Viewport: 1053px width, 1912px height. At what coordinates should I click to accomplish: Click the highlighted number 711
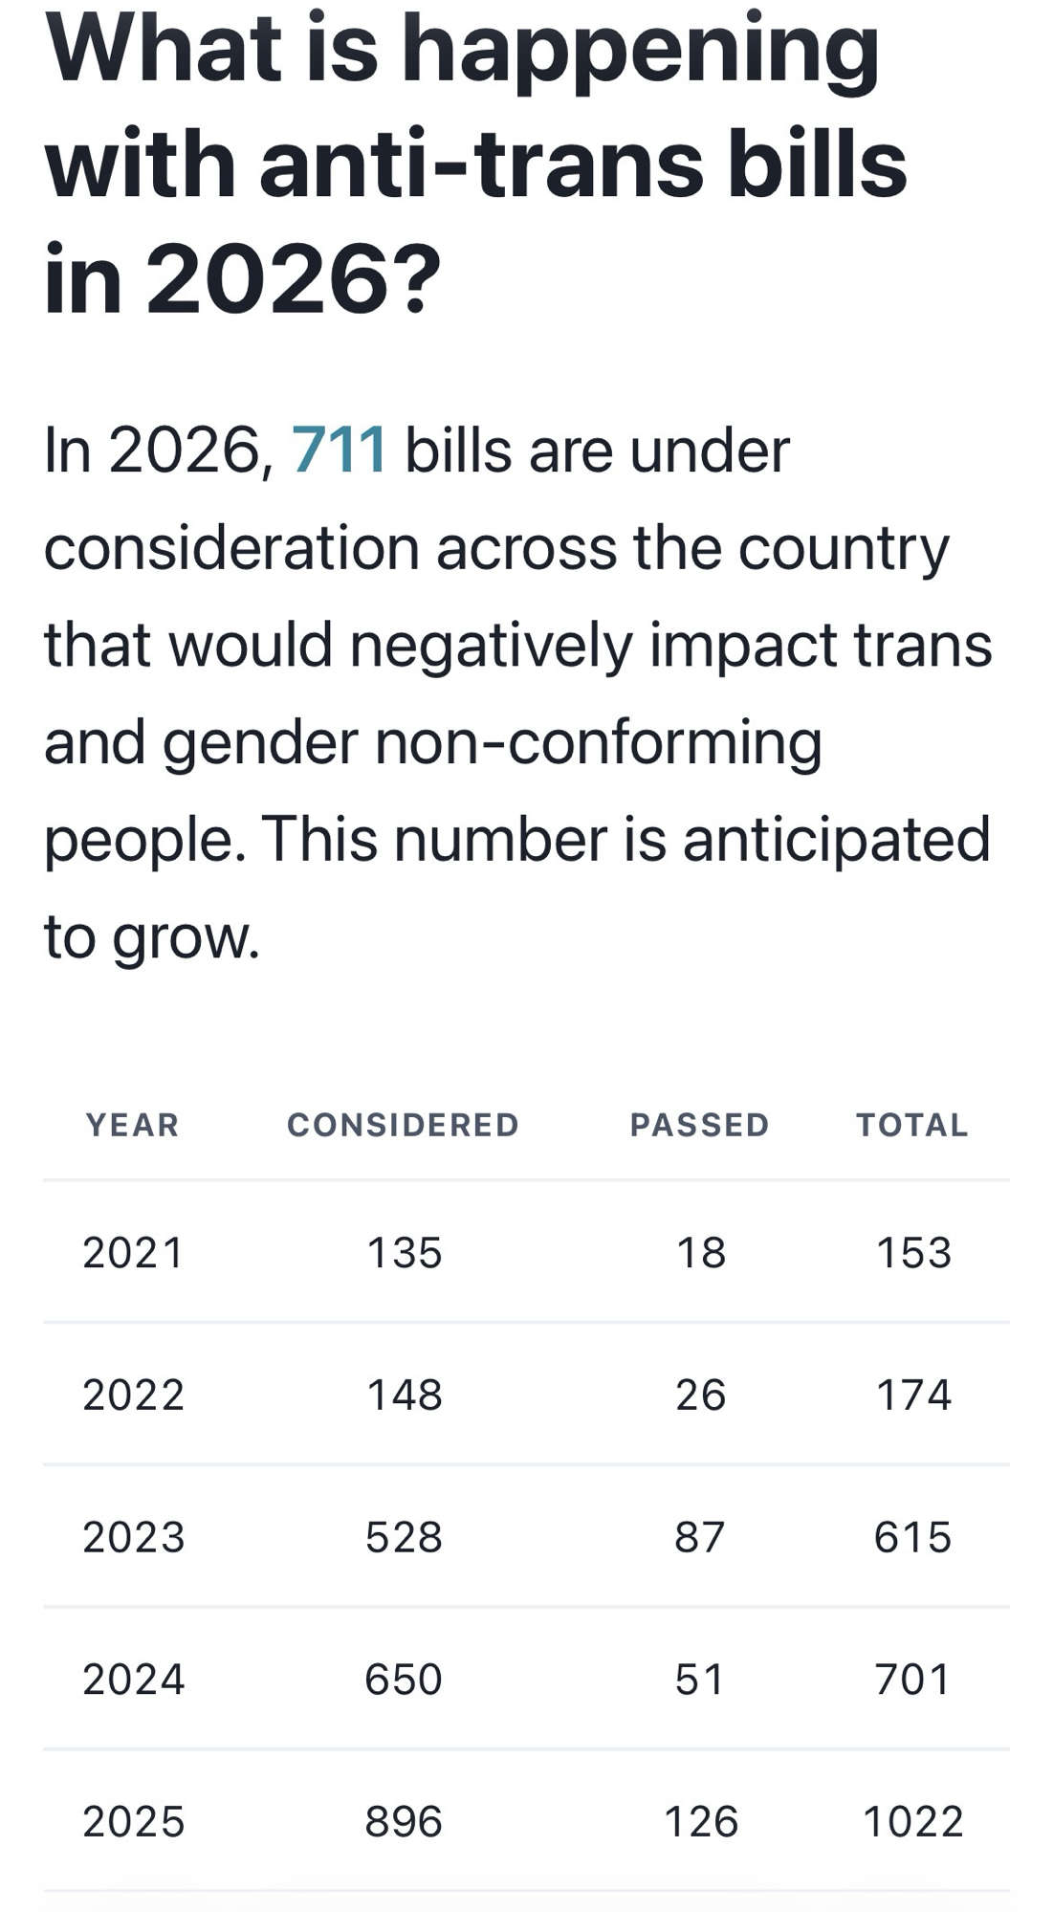pos(339,450)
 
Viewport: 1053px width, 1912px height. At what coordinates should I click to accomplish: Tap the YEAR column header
pos(133,1125)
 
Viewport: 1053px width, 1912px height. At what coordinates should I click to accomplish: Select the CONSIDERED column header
pos(403,1125)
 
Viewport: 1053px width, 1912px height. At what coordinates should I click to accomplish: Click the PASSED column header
pos(699,1125)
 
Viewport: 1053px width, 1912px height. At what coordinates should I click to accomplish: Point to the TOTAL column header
pos(912,1125)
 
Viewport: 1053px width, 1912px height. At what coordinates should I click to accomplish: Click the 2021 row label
pos(133,1253)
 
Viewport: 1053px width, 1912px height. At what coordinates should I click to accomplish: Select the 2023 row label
pos(133,1537)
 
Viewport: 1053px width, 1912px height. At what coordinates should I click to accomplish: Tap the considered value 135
pos(404,1253)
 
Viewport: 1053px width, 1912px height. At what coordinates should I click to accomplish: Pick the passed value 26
pos(700,1395)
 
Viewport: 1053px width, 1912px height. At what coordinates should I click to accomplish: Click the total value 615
pos(912,1537)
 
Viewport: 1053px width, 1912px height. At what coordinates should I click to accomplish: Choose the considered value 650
pos(403,1680)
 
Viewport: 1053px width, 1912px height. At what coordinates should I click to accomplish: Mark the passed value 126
pos(700,1821)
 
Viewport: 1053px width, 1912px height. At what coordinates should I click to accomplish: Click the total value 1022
pos(912,1821)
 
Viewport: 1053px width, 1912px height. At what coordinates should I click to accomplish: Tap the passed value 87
pos(699,1537)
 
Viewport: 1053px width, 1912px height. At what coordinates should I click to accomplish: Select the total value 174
pos(913,1395)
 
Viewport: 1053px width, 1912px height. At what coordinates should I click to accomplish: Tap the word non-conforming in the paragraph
pos(598,742)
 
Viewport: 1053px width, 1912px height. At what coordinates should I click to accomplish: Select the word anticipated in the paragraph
pos(836,840)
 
